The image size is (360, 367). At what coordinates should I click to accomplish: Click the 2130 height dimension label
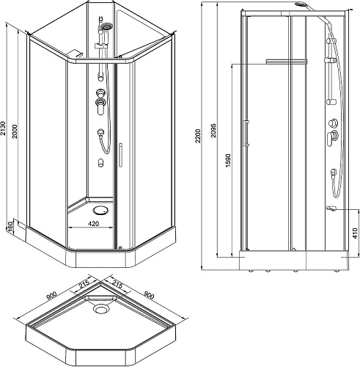coord(3,128)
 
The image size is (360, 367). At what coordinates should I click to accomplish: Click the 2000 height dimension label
coord(15,131)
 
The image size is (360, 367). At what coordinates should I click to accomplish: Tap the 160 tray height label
coord(10,226)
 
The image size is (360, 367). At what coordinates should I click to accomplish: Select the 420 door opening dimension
coord(93,223)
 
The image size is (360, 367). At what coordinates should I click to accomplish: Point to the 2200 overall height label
coord(198,136)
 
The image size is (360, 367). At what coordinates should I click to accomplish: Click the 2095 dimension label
coord(213,131)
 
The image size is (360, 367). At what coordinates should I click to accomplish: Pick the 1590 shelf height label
coord(228,161)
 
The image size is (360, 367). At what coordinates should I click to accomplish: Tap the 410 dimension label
coord(355,233)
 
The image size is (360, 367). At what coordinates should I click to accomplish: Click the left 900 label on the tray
coord(52,295)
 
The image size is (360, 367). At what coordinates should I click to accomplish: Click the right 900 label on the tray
coord(149,295)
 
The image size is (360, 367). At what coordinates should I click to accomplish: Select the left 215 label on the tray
coord(84,285)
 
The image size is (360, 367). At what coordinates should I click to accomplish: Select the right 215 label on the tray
coord(117,284)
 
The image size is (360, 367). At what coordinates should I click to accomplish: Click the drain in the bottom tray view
coord(100,308)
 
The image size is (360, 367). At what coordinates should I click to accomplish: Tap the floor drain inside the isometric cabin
coord(100,210)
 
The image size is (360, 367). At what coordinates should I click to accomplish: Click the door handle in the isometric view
coord(120,155)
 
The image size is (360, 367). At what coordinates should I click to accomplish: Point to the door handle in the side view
coord(247,133)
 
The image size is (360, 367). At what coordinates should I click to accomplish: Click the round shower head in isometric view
coord(106,26)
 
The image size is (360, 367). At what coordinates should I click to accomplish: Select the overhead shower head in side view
coord(300,4)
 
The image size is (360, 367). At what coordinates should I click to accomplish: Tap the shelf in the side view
coord(287,61)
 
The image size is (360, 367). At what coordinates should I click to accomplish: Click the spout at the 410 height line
coord(331,208)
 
